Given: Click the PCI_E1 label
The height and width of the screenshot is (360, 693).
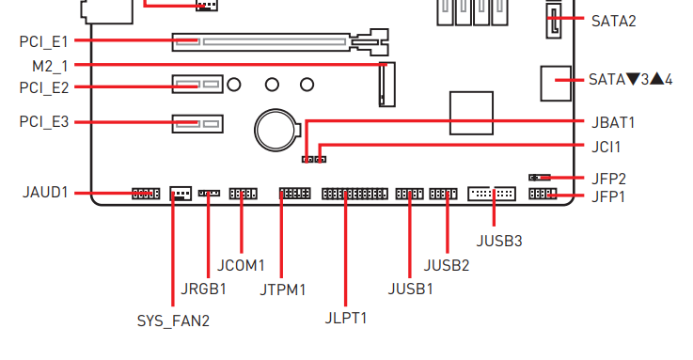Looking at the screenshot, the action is (x=44, y=42).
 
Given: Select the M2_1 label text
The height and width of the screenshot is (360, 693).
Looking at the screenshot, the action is (x=50, y=66).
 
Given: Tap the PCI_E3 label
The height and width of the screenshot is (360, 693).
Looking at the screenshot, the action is (x=44, y=121).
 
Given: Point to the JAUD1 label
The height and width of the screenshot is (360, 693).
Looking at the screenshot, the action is (x=45, y=193).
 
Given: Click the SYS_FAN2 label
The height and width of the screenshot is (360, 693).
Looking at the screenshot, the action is (x=173, y=321).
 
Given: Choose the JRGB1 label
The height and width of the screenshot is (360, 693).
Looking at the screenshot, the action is (x=203, y=289).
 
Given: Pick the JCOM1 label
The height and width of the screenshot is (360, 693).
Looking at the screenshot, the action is (x=241, y=265).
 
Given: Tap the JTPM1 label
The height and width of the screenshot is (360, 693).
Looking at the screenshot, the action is (x=282, y=290).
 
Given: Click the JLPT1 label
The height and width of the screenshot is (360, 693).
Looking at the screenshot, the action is (x=346, y=318).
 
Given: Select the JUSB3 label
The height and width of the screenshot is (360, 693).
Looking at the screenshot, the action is (x=499, y=242).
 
